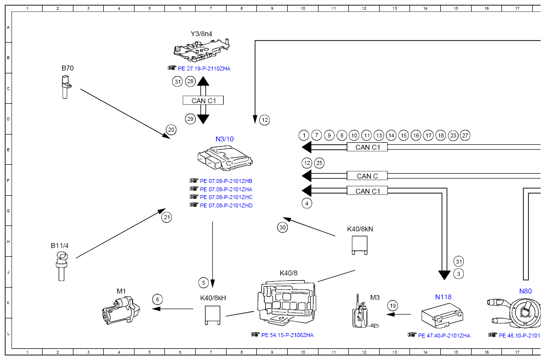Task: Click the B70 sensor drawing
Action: (65, 87)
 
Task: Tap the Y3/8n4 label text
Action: (201, 34)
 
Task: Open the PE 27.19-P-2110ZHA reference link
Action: (204, 69)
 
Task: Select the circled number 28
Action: (190, 82)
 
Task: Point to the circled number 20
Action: (171, 130)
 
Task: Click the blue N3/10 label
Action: (225, 139)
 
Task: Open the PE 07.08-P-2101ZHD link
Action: (227, 205)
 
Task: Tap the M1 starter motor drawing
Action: (121, 310)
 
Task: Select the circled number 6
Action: (158, 299)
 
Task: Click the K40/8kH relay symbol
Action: (212, 315)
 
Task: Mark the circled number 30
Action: (283, 227)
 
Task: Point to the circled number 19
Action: (393, 306)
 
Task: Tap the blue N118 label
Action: (443, 297)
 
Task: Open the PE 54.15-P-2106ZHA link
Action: (288, 336)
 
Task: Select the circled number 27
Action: (465, 135)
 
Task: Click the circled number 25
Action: (319, 163)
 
